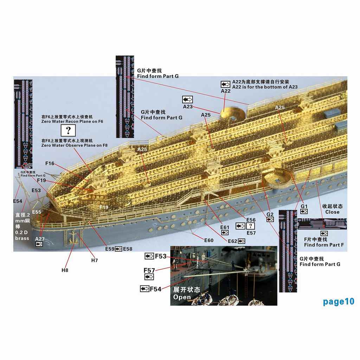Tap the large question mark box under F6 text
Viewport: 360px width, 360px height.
coord(68,131)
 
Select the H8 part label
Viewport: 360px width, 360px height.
coord(65,270)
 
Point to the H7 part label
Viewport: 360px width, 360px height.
coord(94,261)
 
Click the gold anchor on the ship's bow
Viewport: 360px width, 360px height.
coord(73,238)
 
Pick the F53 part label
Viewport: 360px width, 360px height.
coord(160,256)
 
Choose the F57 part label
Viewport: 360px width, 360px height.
coord(149,270)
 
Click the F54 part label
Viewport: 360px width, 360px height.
coord(155,289)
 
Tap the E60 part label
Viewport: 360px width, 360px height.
coord(209,240)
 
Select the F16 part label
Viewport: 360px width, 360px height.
coord(50,163)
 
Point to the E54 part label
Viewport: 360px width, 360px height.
coord(18,201)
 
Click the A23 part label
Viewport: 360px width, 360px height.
coord(188,107)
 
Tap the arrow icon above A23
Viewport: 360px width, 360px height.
coord(187,99)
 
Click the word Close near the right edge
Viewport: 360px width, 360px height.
coord(332,212)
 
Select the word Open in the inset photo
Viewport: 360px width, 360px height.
coord(182,297)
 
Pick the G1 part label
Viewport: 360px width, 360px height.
coord(304,206)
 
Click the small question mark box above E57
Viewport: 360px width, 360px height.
coord(250,226)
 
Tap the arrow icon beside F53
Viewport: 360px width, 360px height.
coord(149,256)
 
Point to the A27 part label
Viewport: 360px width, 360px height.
coord(40,239)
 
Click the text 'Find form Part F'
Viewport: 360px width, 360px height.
coord(324,245)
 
